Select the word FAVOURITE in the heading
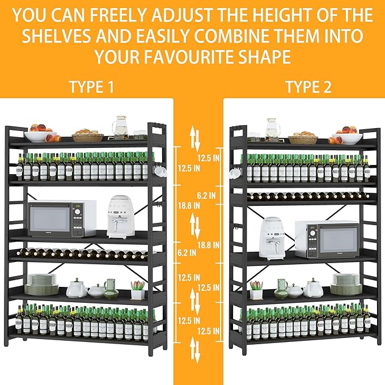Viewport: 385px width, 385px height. click(x=188, y=57)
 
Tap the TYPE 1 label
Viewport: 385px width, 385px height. click(x=92, y=87)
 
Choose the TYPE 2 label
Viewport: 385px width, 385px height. click(x=308, y=87)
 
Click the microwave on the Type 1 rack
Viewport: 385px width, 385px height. click(x=62, y=218)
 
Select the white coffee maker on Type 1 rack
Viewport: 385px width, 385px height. click(x=121, y=217)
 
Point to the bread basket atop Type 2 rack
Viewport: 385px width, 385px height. click(x=303, y=138)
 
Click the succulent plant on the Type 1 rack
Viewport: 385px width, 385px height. click(x=137, y=290)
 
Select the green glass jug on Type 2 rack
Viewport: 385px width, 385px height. click(x=281, y=289)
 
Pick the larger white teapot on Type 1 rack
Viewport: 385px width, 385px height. click(x=77, y=287)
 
